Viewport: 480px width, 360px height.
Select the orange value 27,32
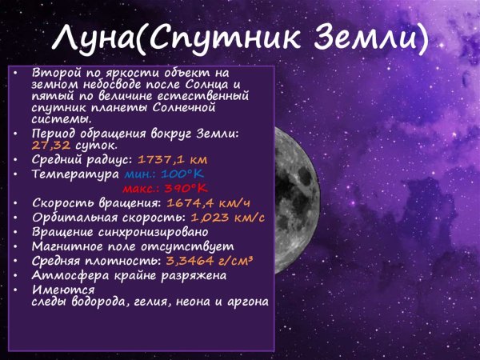pyautogui.click(x=50, y=146)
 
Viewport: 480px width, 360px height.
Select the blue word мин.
pyautogui.click(x=141, y=174)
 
